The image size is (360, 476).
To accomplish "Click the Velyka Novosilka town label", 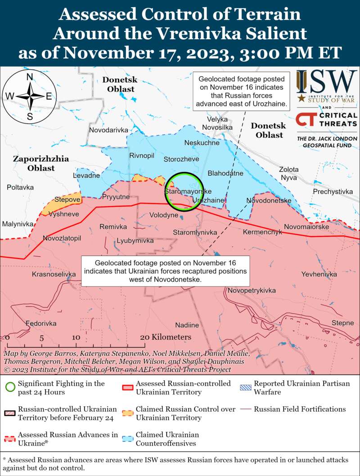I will coord(217,123).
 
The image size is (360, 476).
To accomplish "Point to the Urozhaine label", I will coord(208,200).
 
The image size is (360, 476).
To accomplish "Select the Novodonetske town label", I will coord(269,200).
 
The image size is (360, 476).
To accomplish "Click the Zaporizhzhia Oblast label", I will coord(40,163).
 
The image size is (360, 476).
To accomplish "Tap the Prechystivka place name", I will coord(333,192).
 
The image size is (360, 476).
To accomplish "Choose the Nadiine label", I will coord(187,325).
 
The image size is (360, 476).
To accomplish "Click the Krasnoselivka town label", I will coord(54,274).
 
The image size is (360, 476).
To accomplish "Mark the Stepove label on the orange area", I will coord(67,199).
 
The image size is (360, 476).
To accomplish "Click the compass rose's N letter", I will coord(29,77).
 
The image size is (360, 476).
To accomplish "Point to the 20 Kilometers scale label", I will coord(165,337).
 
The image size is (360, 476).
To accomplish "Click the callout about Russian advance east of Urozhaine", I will coord(242,92).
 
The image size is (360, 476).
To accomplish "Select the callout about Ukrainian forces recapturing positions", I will coord(165,271).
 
